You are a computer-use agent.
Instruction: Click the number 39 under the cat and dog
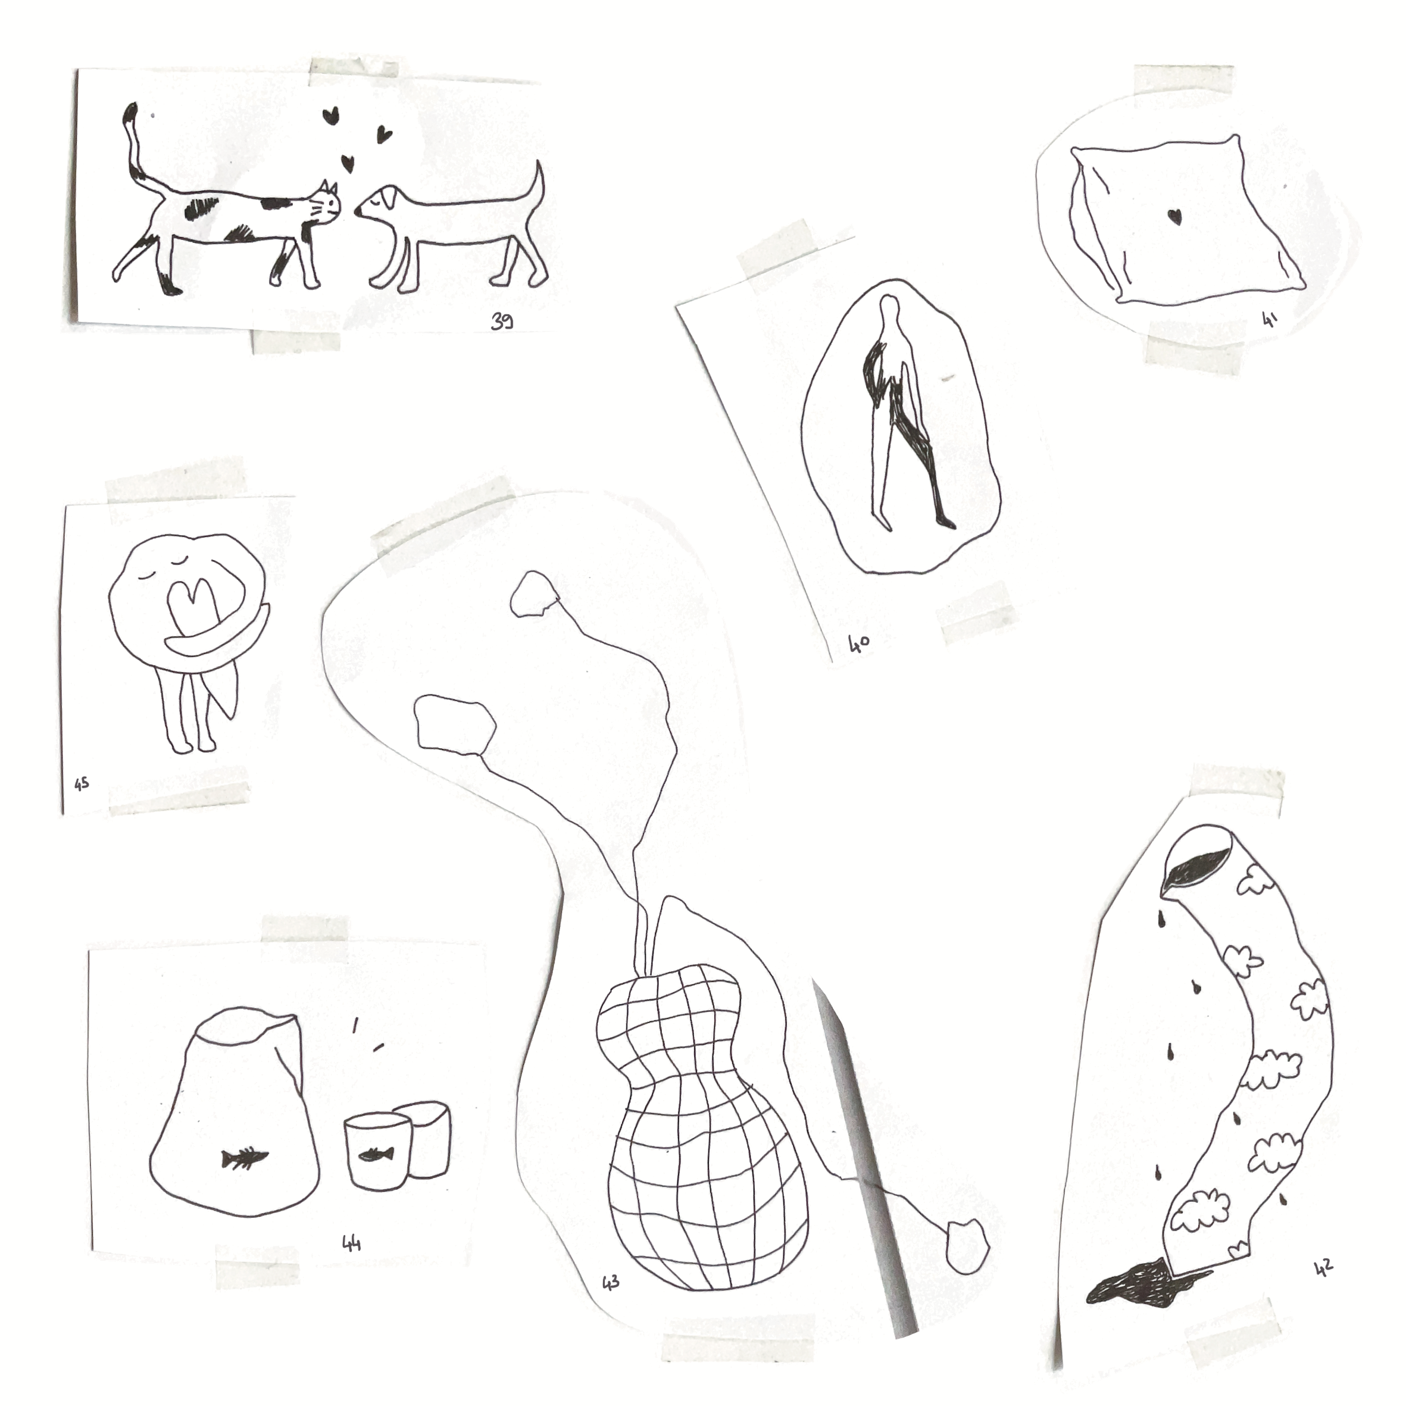[x=501, y=321]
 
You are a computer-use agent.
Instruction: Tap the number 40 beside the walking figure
[x=859, y=644]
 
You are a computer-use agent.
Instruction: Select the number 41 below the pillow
[x=1270, y=318]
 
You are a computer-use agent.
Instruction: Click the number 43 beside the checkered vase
[x=611, y=1302]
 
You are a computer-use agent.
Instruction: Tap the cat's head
[x=323, y=204]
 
